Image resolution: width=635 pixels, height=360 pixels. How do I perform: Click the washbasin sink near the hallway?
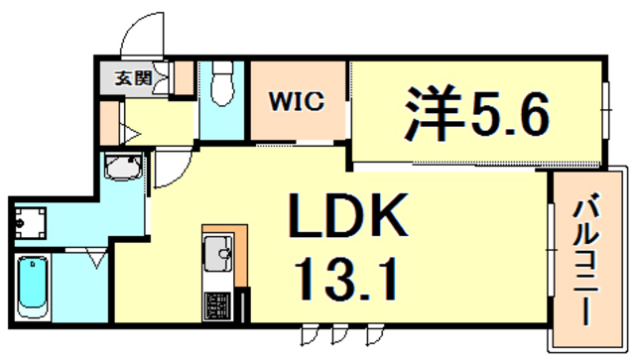pyautogui.click(x=124, y=172)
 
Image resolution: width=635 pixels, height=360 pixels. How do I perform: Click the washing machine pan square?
pyautogui.click(x=31, y=220)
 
